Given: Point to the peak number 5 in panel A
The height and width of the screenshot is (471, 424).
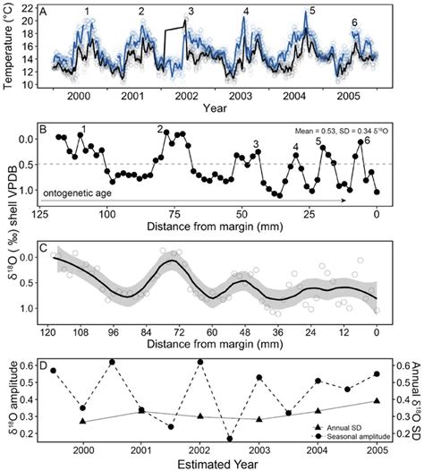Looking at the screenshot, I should point(311,11).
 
